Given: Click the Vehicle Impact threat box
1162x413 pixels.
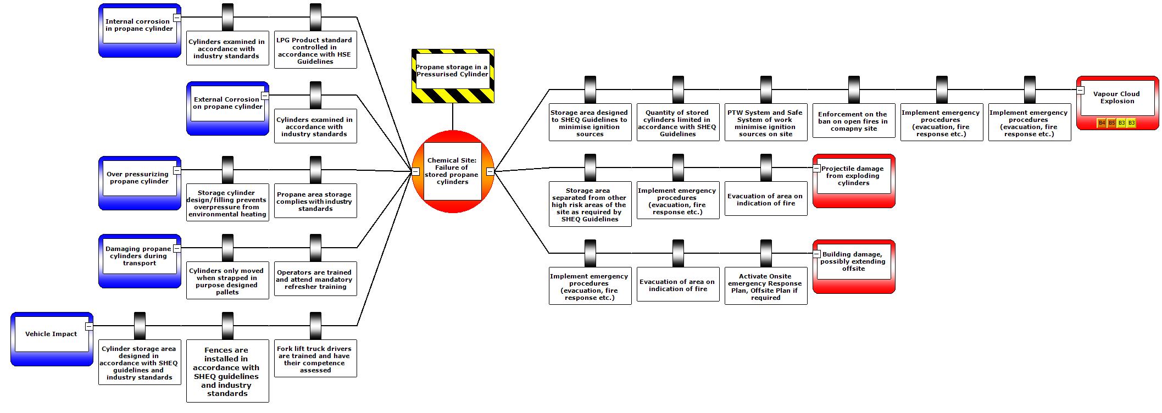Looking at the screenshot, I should (51, 334).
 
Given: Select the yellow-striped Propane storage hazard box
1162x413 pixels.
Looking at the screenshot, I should (452, 71).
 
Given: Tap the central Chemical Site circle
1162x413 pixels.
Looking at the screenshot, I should (452, 171).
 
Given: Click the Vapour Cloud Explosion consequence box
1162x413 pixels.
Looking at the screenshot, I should (1117, 98).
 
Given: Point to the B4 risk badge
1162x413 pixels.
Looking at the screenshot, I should (1102, 123).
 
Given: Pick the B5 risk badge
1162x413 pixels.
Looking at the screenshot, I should (1111, 123).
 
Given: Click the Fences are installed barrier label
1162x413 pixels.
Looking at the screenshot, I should (227, 371).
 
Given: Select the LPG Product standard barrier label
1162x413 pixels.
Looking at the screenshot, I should (315, 51).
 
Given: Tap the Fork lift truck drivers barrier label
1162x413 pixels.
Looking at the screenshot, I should (315, 359).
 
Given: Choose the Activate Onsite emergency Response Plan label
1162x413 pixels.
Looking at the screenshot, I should (765, 287).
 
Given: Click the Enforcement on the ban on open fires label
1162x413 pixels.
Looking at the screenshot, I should (853, 121).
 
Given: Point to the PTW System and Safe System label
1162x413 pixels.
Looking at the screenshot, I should (765, 123).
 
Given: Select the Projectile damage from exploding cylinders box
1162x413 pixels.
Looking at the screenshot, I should (853, 176).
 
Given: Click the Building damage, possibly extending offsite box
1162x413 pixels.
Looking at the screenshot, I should (853, 261).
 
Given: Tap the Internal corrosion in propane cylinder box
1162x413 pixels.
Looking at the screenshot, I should (139, 25).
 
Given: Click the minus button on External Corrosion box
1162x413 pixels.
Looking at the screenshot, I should (265, 96).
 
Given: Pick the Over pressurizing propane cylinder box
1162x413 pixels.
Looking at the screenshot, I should (139, 178).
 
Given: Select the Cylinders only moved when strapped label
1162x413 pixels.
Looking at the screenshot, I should (227, 281).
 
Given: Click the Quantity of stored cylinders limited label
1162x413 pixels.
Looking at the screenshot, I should (677, 123).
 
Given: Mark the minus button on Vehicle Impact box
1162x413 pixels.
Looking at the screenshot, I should (89, 326).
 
